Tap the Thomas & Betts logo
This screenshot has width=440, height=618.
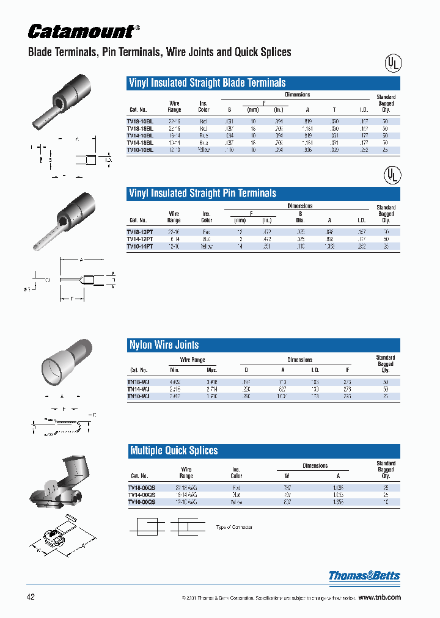364,575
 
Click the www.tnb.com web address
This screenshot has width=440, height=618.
379,597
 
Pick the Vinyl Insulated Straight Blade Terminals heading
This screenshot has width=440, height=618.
207,83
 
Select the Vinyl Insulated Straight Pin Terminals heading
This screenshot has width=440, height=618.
202,194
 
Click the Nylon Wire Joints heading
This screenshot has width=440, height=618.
164,345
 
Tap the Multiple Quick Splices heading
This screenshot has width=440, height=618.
174,451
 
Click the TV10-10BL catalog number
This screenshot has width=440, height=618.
140,150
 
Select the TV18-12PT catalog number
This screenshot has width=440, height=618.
140,232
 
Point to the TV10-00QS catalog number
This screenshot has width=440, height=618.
141,501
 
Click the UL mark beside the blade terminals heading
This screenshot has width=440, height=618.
392,64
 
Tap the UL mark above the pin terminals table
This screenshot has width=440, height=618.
392,175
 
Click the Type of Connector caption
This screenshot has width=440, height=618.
234,527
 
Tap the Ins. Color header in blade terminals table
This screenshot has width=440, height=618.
204,107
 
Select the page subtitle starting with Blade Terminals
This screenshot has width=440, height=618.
159,53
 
